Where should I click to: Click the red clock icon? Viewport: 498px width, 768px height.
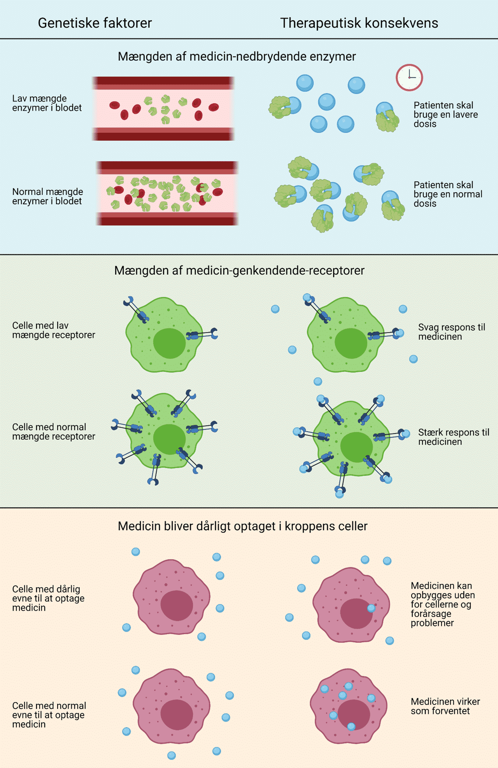click(409, 77)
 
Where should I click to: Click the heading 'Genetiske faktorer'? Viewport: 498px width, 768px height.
click(95, 23)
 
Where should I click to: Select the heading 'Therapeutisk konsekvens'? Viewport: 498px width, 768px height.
click(359, 23)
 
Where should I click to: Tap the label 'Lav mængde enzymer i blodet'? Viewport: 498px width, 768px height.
click(47, 103)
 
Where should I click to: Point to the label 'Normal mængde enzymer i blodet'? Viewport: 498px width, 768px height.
click(47, 197)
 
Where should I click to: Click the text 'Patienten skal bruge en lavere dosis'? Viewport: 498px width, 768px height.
click(445, 114)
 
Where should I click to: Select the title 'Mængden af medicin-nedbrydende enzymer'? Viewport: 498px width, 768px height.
click(237, 56)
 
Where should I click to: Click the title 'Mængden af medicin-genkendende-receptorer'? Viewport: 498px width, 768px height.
click(239, 271)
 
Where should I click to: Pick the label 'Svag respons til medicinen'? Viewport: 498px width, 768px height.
click(451, 332)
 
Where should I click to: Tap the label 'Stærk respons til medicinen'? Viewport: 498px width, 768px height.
click(453, 437)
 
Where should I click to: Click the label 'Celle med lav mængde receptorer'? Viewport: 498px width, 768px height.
click(53, 330)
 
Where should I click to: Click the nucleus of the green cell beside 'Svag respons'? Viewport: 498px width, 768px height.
click(351, 343)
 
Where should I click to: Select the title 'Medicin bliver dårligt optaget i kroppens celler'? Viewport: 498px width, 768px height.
click(242, 526)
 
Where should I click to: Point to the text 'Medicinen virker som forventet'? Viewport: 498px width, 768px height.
click(445, 706)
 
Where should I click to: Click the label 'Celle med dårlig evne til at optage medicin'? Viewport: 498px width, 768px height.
click(48, 598)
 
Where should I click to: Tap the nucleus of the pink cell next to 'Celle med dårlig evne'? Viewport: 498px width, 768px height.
click(177, 605)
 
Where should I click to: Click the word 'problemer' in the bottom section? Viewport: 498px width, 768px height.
click(432, 623)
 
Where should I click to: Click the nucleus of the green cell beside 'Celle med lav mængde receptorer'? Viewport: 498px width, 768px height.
click(169, 343)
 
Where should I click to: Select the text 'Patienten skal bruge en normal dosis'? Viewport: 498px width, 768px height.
click(447, 194)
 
